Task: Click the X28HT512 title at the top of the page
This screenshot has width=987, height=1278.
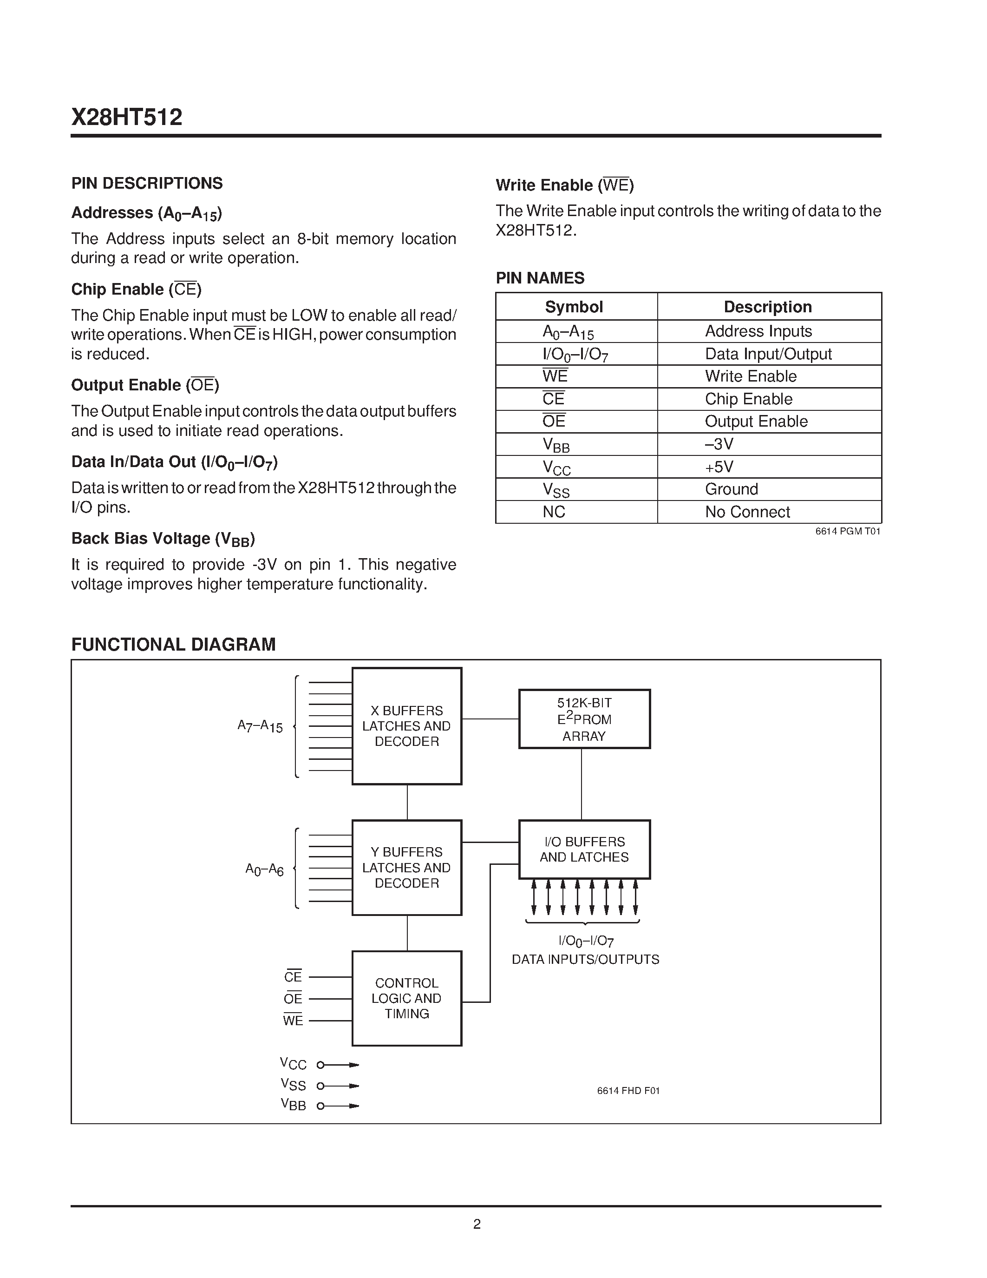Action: click(x=127, y=118)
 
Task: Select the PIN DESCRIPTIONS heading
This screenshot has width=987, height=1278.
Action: click(x=147, y=184)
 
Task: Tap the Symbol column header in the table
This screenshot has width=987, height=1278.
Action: click(x=574, y=307)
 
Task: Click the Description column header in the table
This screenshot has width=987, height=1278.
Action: click(x=767, y=307)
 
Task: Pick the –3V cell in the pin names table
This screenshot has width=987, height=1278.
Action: click(x=719, y=444)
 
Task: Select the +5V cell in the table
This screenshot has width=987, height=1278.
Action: click(x=719, y=467)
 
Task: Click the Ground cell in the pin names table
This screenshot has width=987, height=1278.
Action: click(x=731, y=489)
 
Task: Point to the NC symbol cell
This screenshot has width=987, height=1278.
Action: click(x=553, y=512)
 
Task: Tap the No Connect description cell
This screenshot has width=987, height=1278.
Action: click(x=747, y=512)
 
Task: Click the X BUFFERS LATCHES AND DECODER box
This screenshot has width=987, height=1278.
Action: click(x=406, y=726)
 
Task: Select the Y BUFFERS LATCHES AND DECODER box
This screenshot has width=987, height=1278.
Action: click(x=406, y=868)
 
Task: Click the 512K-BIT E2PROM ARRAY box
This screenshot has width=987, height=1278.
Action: click(x=584, y=719)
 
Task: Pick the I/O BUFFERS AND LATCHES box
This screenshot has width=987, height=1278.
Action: click(x=584, y=850)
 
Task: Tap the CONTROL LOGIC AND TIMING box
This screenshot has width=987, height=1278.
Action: click(x=406, y=999)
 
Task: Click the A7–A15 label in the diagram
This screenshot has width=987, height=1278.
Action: click(x=260, y=727)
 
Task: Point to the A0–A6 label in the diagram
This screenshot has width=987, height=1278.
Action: click(x=264, y=870)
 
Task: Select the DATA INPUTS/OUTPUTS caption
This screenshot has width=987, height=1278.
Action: click(x=585, y=960)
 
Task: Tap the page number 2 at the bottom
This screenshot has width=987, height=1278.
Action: click(x=477, y=1224)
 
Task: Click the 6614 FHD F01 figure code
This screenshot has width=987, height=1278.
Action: click(x=628, y=1091)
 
